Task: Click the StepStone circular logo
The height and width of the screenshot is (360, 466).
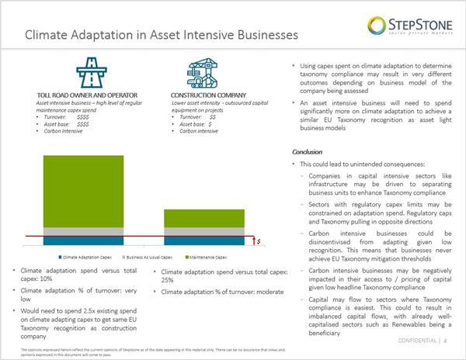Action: click(377, 26)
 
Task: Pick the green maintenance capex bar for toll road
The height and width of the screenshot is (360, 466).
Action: click(71, 191)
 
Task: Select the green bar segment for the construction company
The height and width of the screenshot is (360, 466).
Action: click(204, 218)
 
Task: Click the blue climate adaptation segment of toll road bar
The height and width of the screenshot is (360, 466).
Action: click(71, 240)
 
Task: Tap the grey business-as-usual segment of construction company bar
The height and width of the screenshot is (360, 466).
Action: click(204, 232)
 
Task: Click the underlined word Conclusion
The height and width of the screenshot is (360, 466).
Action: click(307, 152)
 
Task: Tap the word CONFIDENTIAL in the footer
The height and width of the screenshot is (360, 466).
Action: click(416, 341)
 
